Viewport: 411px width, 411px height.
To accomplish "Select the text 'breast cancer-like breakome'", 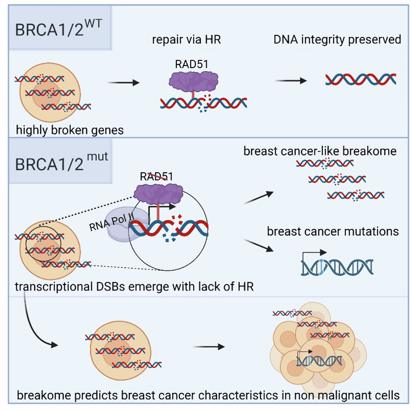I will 320,151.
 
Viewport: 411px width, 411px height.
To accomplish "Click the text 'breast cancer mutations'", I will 333,231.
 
